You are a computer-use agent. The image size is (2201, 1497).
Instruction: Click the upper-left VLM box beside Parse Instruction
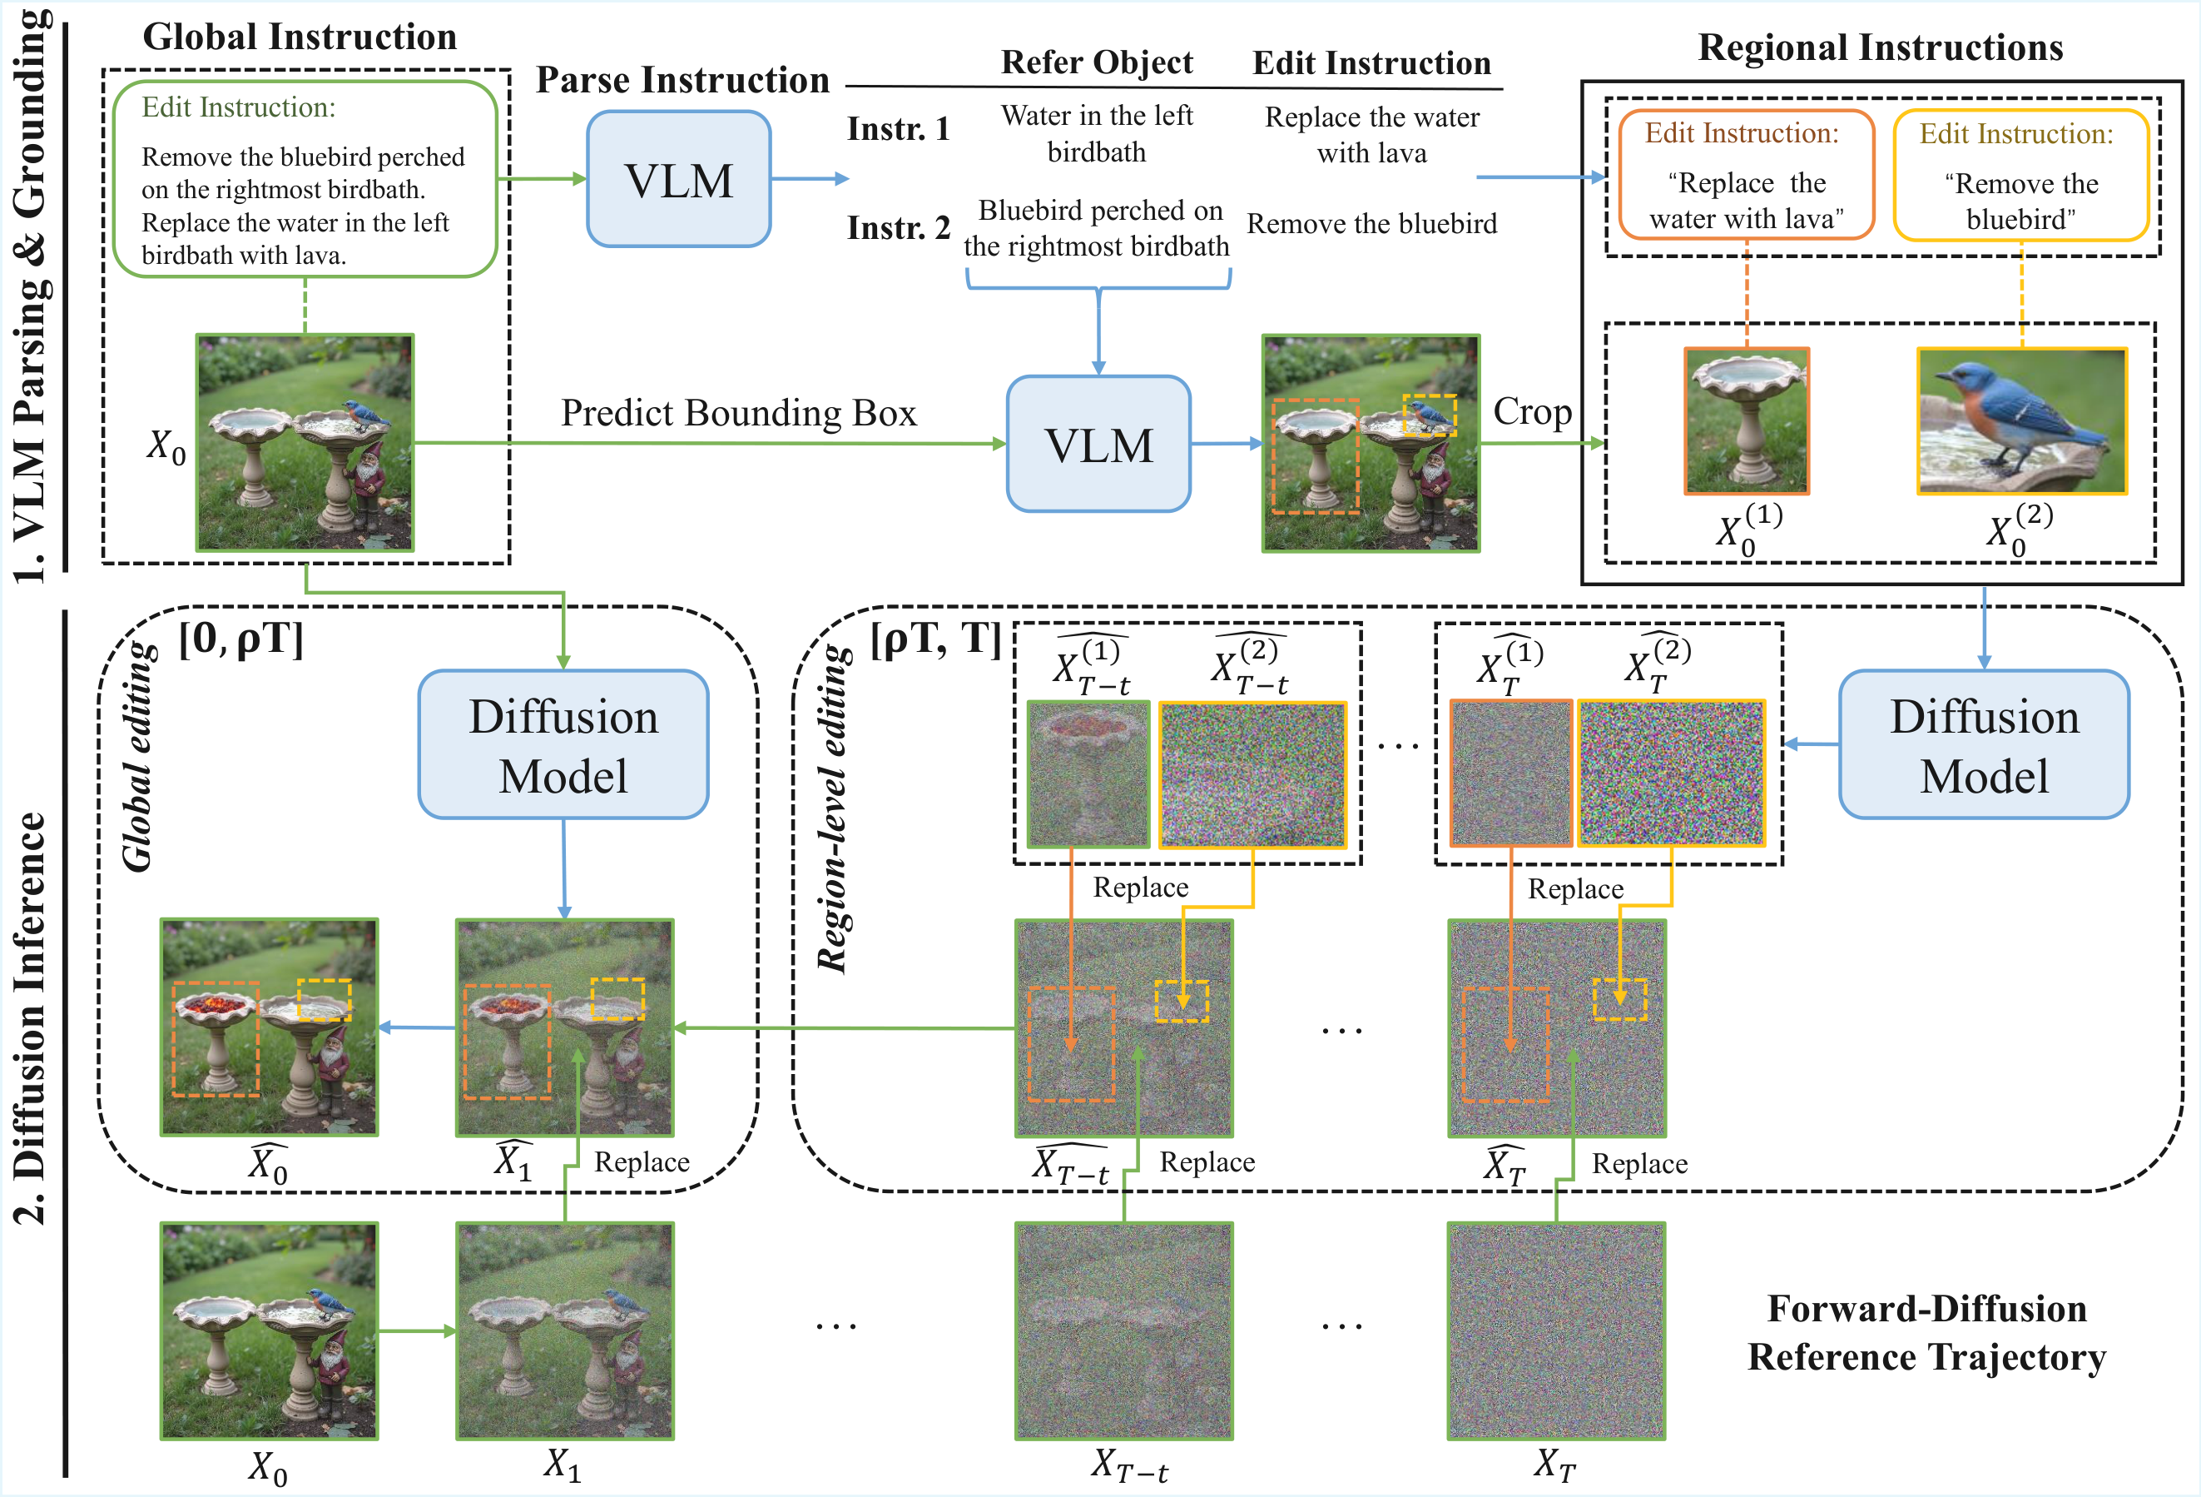[678, 180]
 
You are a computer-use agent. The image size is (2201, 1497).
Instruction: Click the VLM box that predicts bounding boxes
[1098, 445]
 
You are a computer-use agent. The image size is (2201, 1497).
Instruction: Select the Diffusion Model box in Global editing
[563, 744]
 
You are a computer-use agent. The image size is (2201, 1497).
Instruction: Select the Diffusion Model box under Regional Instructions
[1984, 744]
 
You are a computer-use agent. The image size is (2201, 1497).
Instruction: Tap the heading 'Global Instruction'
[300, 37]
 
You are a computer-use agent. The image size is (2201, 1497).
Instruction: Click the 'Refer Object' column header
[1097, 62]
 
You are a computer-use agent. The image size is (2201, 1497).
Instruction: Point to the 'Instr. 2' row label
[898, 227]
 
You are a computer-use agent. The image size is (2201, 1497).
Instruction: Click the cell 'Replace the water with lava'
[1371, 135]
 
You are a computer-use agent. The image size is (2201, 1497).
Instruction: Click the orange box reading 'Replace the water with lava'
[1747, 176]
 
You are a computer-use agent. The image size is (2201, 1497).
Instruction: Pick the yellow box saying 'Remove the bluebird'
[2020, 177]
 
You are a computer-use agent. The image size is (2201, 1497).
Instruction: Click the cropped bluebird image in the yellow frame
[2022, 420]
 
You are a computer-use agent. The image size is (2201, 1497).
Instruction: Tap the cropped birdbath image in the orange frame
[1747, 420]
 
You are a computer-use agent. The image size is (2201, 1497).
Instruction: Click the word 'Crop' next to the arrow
[1531, 411]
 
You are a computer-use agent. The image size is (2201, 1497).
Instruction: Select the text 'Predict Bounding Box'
[739, 413]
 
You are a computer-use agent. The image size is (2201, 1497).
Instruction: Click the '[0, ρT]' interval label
[241, 639]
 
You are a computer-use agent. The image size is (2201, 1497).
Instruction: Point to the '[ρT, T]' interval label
[934, 639]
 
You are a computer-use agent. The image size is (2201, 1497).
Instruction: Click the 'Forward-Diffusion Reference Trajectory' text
[1926, 1332]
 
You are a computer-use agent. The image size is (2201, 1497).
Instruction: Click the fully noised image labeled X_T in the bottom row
[1555, 1330]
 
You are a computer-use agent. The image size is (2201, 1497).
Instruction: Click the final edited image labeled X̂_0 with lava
[269, 1027]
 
